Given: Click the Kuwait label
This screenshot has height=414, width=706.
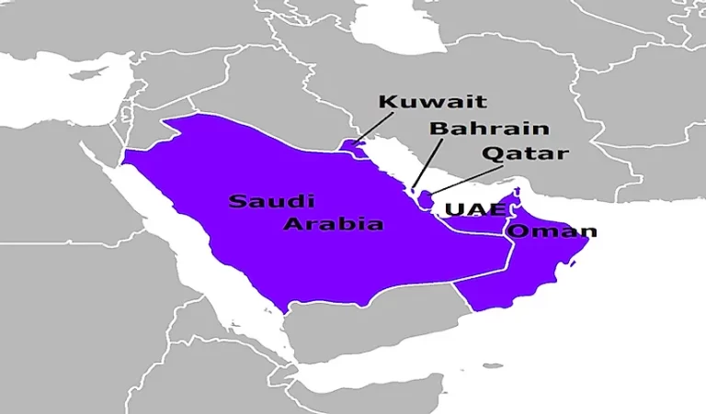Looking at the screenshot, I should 432,101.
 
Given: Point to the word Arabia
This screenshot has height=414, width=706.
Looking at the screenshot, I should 334,223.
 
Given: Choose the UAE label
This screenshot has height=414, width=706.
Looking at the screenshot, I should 474,210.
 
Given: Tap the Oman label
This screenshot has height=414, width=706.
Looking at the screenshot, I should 552,231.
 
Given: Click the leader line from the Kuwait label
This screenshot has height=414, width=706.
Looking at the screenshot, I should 375,129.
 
